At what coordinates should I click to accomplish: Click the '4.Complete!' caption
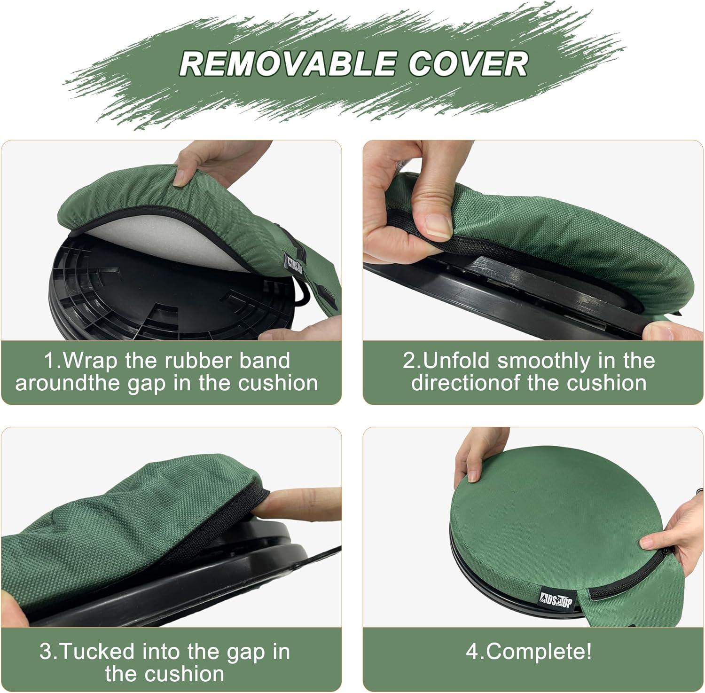click(529, 652)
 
